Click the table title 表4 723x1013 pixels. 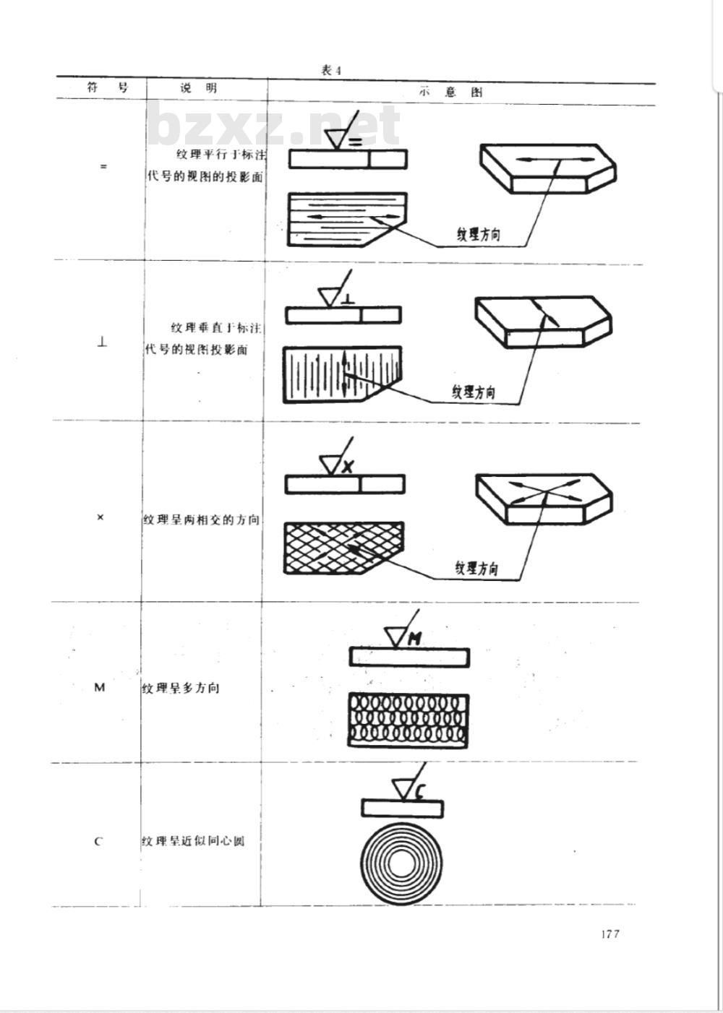click(330, 70)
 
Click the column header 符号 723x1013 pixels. click(107, 88)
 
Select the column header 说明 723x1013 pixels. click(198, 89)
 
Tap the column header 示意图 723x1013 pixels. click(450, 92)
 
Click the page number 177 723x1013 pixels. click(609, 934)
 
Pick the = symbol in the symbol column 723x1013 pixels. click(103, 166)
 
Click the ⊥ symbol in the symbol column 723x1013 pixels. click(102, 343)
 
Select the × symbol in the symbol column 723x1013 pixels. click(100, 517)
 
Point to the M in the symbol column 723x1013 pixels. click(100, 687)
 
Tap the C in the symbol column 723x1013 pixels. click(98, 842)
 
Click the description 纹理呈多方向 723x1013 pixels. click(180, 688)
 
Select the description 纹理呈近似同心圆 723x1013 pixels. click(193, 842)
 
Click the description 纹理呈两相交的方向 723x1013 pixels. click(201, 520)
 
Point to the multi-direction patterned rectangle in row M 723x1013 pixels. click(408, 720)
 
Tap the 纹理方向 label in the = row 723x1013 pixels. click(478, 234)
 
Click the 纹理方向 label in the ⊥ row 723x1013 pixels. click(474, 392)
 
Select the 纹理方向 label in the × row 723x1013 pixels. click(476, 568)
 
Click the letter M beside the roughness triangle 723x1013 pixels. click(415, 638)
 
